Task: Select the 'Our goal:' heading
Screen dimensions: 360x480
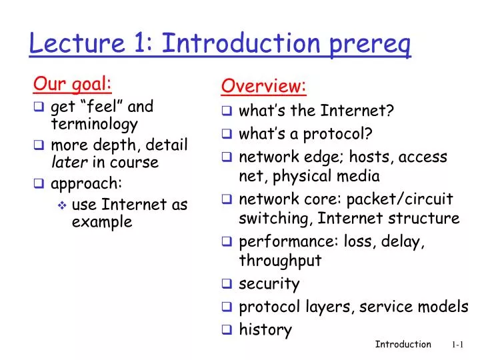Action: click(x=72, y=84)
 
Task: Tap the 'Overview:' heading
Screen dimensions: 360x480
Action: click(x=263, y=86)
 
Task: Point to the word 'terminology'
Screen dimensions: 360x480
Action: click(x=94, y=124)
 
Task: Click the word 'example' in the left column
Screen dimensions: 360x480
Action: click(x=101, y=223)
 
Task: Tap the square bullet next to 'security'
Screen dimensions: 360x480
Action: click(x=227, y=284)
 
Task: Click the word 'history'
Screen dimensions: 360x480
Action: click(x=265, y=329)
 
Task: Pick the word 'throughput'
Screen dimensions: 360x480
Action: click(x=280, y=261)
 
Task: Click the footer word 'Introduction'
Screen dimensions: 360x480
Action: click(x=403, y=345)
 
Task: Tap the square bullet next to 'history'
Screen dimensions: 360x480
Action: click(x=227, y=329)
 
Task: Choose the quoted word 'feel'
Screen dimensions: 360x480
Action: click(x=102, y=107)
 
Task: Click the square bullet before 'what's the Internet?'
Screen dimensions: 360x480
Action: click(x=227, y=111)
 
